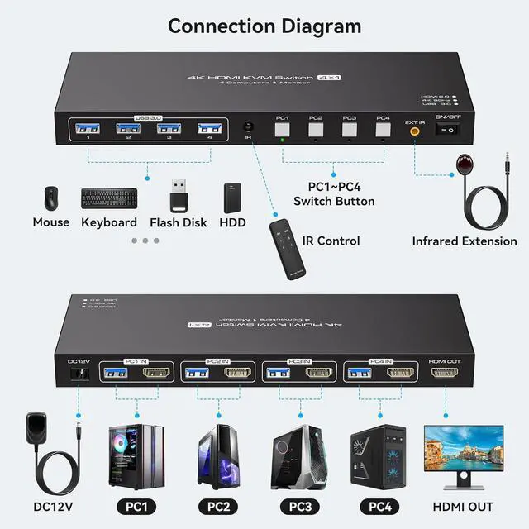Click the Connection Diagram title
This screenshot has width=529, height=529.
click(264, 26)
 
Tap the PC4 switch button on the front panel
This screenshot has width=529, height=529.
click(383, 129)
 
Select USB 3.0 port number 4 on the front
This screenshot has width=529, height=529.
click(209, 129)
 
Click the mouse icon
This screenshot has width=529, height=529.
click(51, 198)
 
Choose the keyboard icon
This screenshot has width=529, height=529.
click(108, 198)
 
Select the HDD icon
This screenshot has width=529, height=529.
click(232, 198)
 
